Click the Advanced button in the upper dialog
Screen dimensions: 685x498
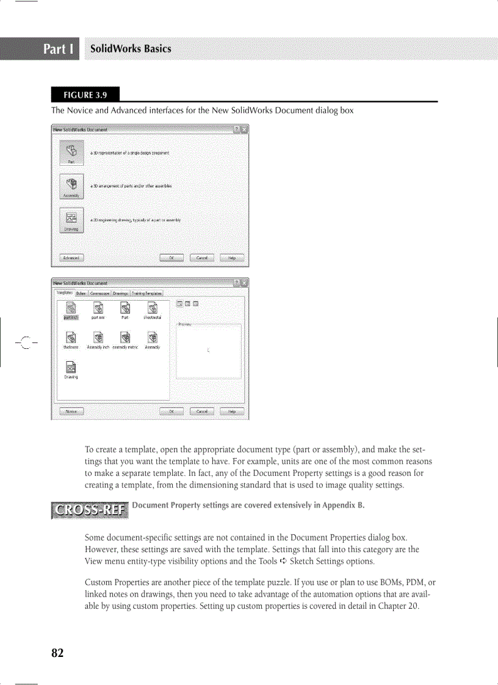[x=71, y=258]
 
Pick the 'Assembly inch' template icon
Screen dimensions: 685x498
[x=98, y=337]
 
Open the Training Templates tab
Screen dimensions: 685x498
[x=147, y=293]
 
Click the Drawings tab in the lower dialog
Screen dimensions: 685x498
[x=120, y=293]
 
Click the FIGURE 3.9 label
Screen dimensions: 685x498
[x=85, y=95]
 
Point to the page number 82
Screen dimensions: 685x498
[x=57, y=653]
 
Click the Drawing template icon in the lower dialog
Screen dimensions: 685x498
[x=71, y=367]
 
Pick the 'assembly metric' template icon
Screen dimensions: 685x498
[x=125, y=337]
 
